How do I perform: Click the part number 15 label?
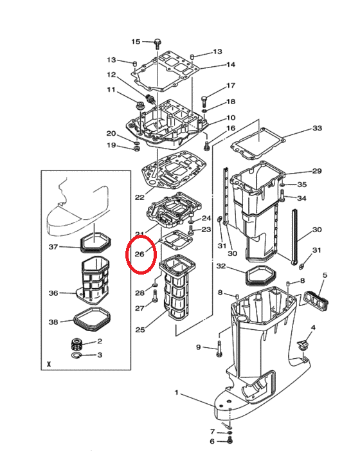136,42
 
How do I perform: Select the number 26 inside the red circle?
139,254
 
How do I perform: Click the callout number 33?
317,128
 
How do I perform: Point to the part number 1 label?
177,393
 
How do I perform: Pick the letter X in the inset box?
49,364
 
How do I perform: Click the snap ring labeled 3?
76,355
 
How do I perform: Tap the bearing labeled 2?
77,344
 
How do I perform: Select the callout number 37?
53,247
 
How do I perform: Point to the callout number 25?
140,329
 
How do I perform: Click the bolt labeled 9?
219,349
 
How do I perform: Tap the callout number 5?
325,275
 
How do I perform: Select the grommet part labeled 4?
302,345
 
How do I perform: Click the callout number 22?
139,197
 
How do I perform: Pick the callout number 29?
317,171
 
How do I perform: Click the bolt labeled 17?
204,101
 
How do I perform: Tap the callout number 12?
111,75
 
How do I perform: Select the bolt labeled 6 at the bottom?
230,441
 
